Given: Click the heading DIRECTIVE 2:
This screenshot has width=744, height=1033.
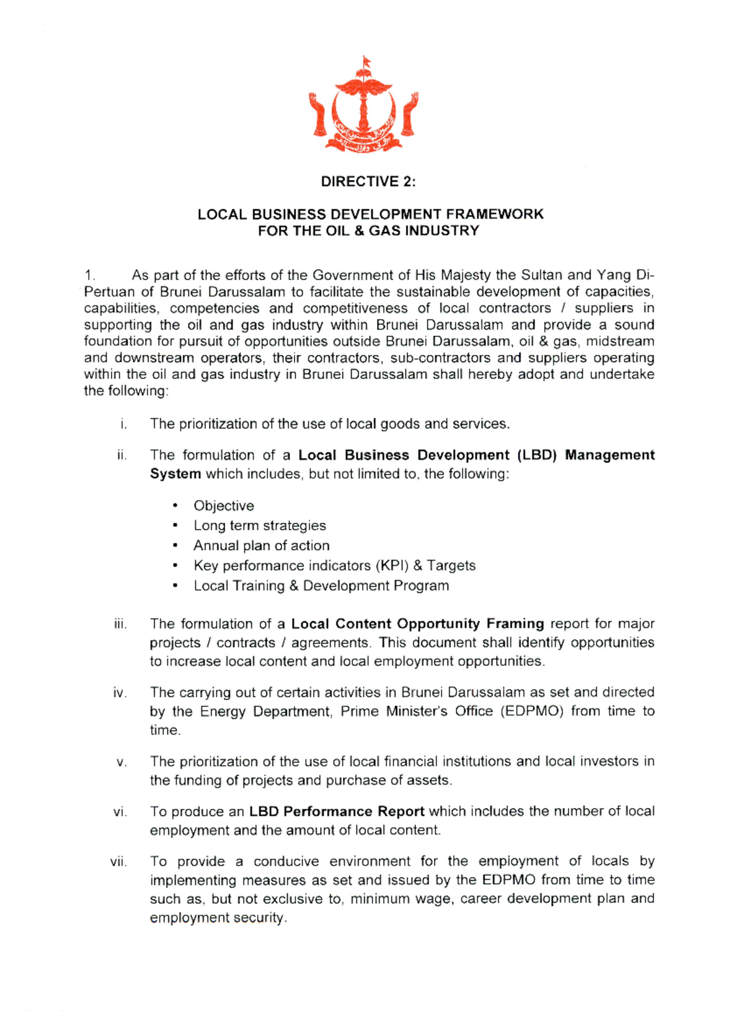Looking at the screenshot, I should pyautogui.click(x=368, y=182).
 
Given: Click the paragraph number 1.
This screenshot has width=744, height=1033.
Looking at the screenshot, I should pyautogui.click(x=90, y=275).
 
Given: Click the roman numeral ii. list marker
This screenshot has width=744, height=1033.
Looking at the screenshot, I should pyautogui.click(x=122, y=455).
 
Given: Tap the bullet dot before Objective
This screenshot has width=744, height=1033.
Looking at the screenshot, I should pyautogui.click(x=176, y=506).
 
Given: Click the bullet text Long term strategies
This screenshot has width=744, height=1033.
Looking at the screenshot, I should pyautogui.click(x=259, y=525).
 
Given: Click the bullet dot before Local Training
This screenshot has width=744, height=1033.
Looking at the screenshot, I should pyautogui.click(x=176, y=586).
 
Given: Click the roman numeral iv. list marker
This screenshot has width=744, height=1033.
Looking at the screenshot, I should pyautogui.click(x=120, y=693).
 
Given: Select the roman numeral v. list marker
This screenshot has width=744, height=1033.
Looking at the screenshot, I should pyautogui.click(x=122, y=762).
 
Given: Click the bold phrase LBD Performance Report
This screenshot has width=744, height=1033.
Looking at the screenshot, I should pyautogui.click(x=337, y=812).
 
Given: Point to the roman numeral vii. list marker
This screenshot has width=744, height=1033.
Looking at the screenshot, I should pyautogui.click(x=118, y=862).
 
